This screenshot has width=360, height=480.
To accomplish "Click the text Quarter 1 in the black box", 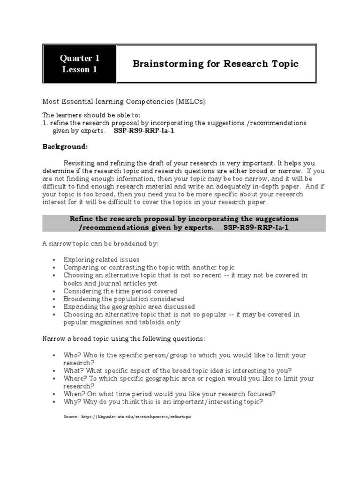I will pos(79,59).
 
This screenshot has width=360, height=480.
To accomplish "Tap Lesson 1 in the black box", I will pos(79,69).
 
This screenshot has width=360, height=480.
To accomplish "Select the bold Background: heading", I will pos(65,146).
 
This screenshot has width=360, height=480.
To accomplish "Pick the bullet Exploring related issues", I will pos(101,259).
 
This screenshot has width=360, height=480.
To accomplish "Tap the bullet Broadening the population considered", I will pos(124,299).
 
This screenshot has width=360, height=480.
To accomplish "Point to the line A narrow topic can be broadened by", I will pos(101,244).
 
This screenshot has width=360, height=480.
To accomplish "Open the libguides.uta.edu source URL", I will pos(136,416).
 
